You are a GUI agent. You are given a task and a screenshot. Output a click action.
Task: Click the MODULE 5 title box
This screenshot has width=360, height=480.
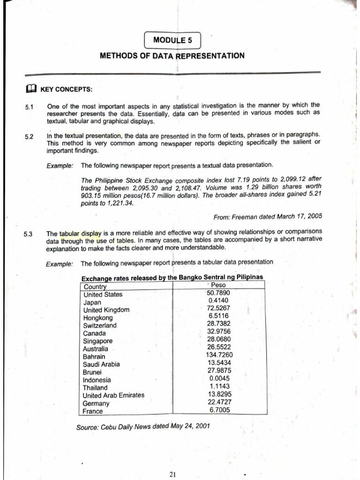pos(172,40)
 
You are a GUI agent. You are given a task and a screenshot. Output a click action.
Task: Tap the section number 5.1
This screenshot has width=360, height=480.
pos(28,107)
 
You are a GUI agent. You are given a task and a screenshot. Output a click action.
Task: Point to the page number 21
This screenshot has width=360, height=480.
pos(172,474)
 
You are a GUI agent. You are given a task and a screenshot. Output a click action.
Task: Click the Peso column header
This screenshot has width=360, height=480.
pos(218,285)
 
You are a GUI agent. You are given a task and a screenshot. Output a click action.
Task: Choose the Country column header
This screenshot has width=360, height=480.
pos(95,286)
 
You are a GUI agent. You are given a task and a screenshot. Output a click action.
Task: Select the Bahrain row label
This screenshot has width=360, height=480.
pos(95,356)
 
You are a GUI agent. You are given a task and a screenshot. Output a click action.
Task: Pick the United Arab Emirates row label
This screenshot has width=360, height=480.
pos(113,395)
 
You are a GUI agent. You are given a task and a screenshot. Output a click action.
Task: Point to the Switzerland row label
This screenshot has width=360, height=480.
pos(100,325)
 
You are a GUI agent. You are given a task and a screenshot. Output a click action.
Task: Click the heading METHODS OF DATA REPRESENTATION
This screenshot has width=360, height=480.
pos(172,56)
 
